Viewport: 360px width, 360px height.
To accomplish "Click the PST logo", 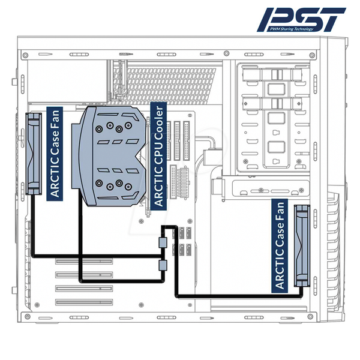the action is click(301, 20).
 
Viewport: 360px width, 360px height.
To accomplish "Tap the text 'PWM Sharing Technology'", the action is click(291, 29).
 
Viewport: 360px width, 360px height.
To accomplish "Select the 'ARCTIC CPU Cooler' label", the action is click(158, 156).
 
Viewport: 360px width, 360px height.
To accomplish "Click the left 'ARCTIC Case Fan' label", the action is click(55, 154).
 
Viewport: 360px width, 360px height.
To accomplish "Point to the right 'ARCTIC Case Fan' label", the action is click(280, 246).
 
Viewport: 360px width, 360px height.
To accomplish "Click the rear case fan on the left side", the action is click(34, 154).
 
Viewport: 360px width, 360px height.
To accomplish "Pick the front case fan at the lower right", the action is click(302, 246).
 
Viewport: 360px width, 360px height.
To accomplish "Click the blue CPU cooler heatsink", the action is click(109, 156).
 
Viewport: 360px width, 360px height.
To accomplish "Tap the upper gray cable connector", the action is click(163, 242).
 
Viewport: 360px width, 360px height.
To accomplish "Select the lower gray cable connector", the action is click(163, 265).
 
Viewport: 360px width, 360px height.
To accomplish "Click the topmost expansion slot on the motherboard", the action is click(84, 261).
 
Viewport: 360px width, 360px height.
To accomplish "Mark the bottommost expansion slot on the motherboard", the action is click(84, 302).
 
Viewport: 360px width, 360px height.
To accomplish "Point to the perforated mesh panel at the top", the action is click(169, 85).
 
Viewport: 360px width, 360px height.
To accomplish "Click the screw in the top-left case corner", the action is click(26, 55).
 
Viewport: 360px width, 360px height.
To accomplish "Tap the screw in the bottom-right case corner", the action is click(311, 316).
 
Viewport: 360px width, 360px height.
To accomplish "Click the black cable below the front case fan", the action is click(239, 296).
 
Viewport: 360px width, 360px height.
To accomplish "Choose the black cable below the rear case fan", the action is click(97, 256).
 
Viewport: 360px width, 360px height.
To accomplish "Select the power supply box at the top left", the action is click(67, 81).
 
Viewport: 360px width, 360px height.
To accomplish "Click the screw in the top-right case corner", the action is click(312, 55).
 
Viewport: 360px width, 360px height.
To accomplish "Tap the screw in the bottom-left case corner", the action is click(28, 316).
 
